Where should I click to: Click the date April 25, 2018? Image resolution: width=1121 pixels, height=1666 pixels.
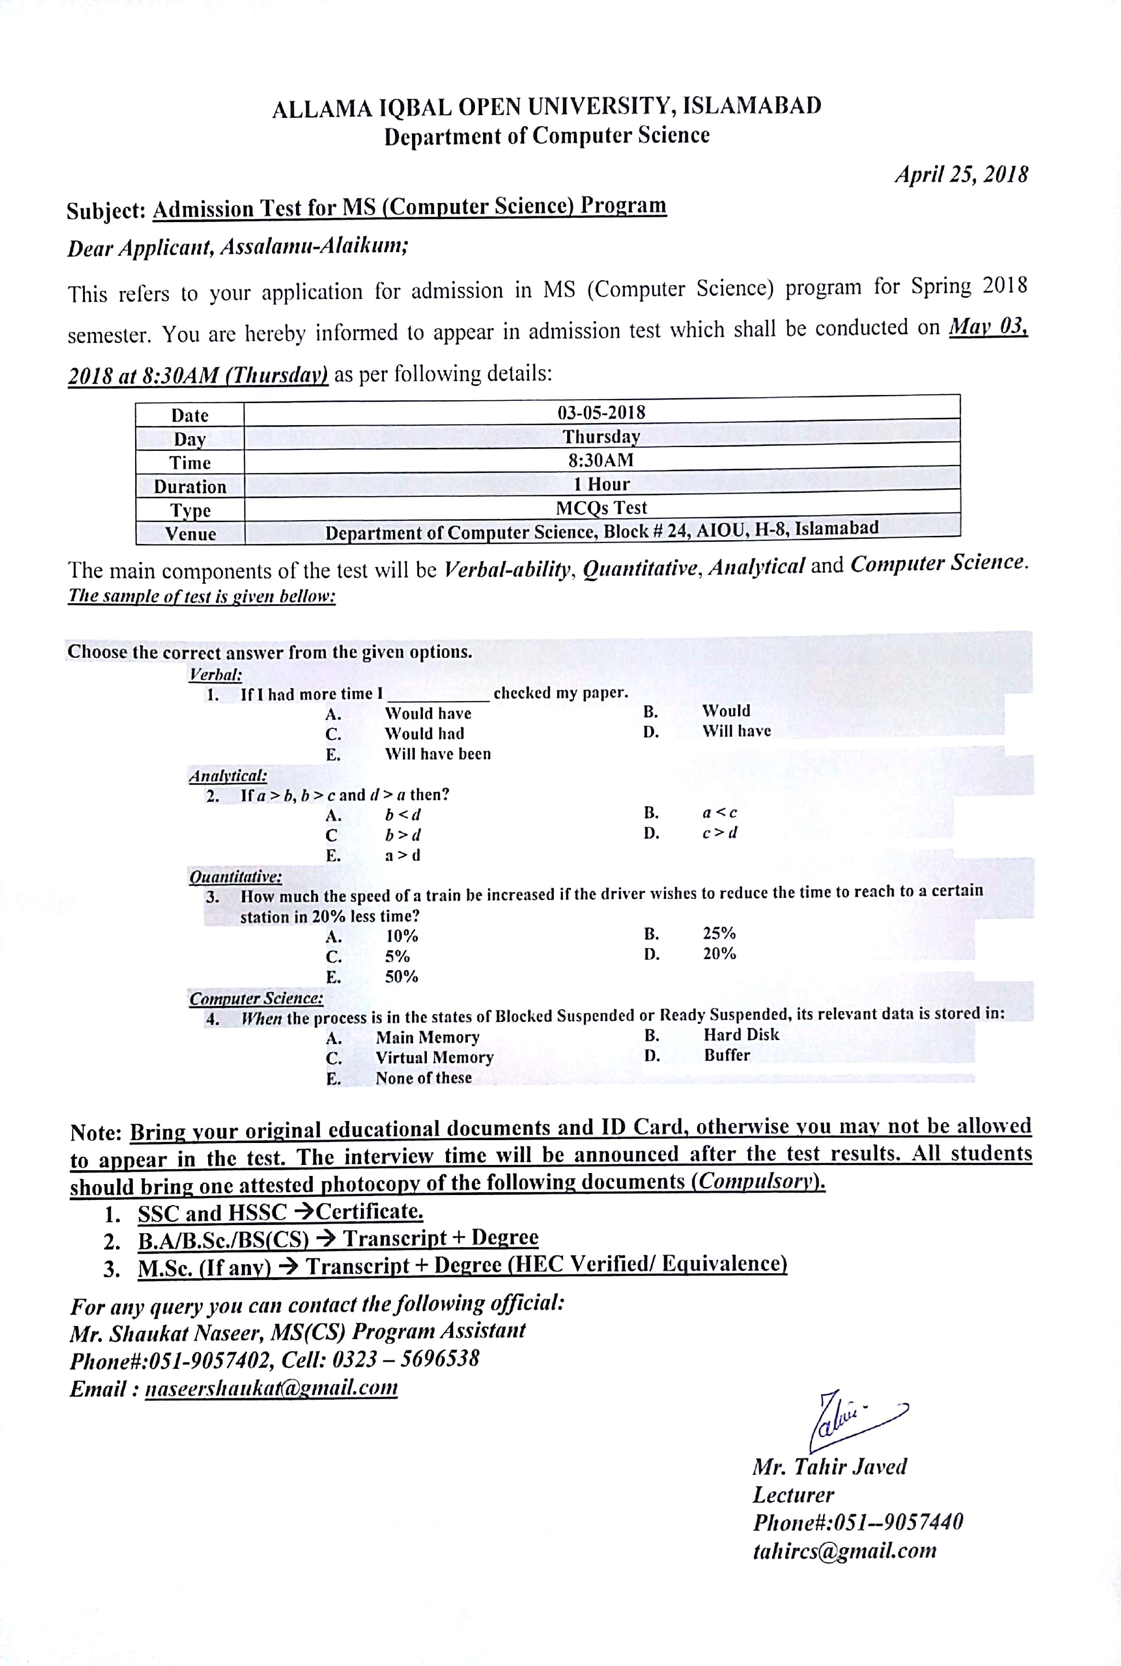pos(961,174)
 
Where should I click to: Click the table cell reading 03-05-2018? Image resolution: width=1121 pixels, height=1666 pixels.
pos(601,413)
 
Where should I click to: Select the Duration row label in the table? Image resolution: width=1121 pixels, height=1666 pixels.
pos(190,487)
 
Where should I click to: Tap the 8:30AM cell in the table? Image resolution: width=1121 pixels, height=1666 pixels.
pos(601,460)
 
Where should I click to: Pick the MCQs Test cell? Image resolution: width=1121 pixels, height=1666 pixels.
pos(601,508)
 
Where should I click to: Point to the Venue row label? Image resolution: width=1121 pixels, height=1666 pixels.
pos(190,534)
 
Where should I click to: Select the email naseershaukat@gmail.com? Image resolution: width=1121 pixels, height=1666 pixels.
pos(271,1388)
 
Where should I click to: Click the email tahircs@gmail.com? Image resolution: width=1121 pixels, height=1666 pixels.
pos(844,1550)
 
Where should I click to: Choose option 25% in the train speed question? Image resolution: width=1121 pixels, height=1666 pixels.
pos(719,933)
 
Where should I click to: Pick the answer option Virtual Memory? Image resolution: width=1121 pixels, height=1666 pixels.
pos(434,1057)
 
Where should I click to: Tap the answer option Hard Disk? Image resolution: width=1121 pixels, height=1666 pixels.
pos(741,1035)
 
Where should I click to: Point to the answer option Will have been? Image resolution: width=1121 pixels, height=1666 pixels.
pos(437,754)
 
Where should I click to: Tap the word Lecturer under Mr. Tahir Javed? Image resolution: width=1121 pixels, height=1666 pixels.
pos(793,1495)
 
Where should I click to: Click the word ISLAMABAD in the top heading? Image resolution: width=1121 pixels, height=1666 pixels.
pos(751,106)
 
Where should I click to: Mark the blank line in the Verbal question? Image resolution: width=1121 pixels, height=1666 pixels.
pos(437,697)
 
